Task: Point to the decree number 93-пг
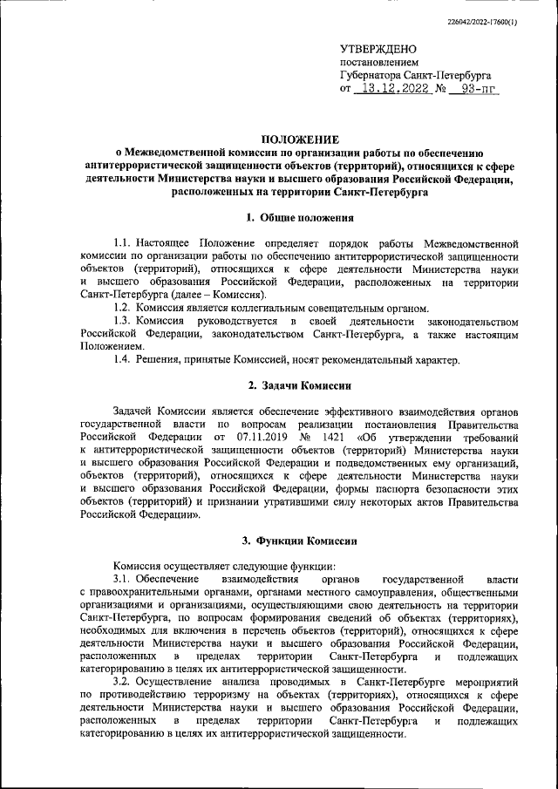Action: coord(473,89)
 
